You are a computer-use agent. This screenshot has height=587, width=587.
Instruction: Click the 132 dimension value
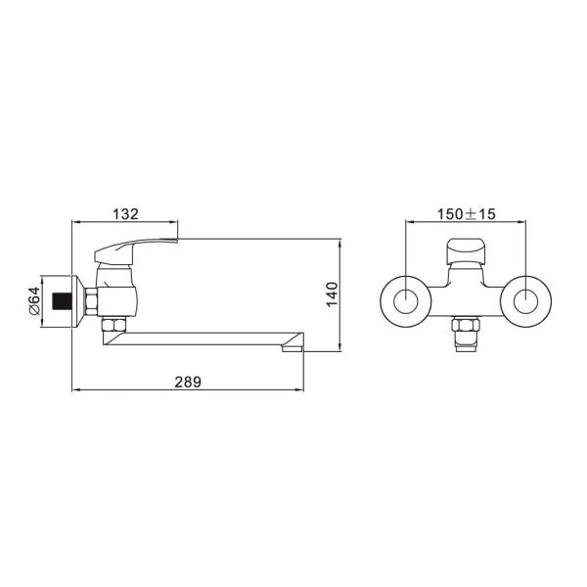coord(126,214)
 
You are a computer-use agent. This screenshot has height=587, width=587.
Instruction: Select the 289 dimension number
coord(188,382)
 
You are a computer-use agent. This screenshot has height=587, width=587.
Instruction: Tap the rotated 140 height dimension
coord(332,294)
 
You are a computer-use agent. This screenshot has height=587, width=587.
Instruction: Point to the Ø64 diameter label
coord(33,300)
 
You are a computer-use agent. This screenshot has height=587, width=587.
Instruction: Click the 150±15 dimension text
coord(467,214)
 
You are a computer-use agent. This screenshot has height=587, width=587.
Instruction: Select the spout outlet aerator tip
coord(293,348)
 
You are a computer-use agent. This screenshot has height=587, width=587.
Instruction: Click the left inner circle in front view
coord(406,301)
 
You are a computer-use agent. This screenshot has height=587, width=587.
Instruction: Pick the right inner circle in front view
coord(526,301)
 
